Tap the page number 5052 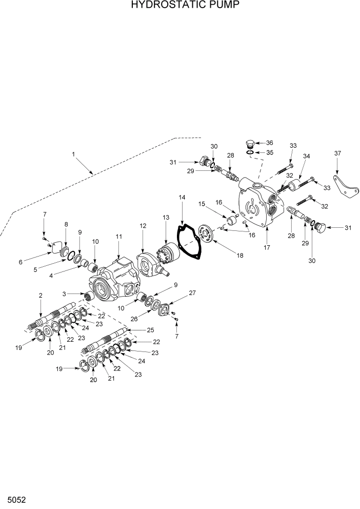tap(16, 499)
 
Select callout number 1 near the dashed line tap(73, 154)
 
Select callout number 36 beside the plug tap(269, 143)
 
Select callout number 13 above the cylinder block tap(166, 218)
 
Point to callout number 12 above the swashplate tap(143, 226)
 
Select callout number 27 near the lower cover tap(192, 293)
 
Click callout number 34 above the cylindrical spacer tap(307, 156)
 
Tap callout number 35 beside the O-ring tap(269, 152)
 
